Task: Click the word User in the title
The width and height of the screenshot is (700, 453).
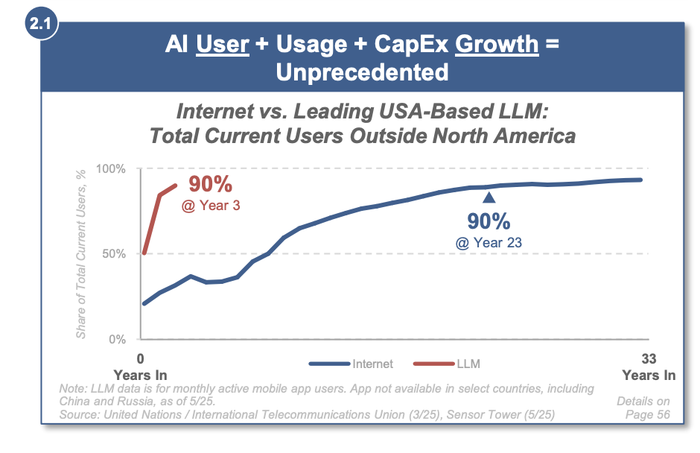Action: [222, 45]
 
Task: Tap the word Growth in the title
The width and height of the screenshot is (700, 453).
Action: [496, 45]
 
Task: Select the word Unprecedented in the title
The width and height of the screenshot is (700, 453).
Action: [362, 72]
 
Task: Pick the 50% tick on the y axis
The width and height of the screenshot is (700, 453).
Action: [113, 254]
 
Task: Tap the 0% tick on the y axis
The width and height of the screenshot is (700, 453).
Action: [116, 340]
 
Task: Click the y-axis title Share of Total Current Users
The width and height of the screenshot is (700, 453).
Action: [81, 253]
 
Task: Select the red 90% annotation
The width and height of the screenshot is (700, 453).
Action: [210, 184]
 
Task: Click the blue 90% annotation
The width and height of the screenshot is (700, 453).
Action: [488, 221]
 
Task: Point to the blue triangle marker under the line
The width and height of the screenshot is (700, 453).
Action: [489, 197]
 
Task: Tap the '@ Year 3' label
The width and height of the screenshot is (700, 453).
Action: [211, 204]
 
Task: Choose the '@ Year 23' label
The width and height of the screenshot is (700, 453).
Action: [488, 241]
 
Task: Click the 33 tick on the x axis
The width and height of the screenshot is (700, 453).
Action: [648, 357]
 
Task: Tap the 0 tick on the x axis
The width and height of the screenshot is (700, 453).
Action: [140, 357]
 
